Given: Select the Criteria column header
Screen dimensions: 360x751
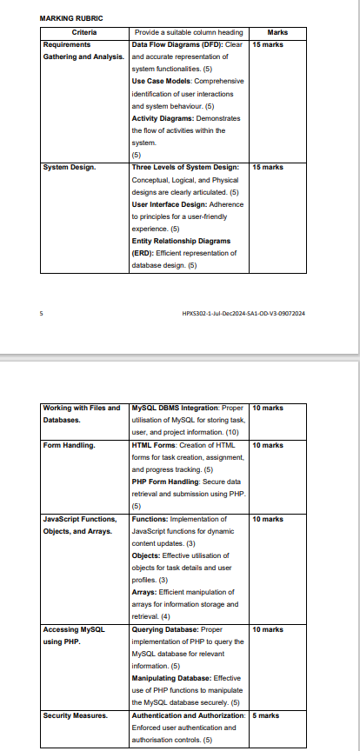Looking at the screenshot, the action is pyautogui.click(x=85, y=32).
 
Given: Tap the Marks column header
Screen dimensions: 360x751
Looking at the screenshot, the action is pyautogui.click(x=278, y=32).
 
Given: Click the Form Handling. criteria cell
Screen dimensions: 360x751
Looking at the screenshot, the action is pyautogui.click(x=69, y=445).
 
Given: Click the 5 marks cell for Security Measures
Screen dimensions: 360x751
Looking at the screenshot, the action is pyautogui.click(x=265, y=715).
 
